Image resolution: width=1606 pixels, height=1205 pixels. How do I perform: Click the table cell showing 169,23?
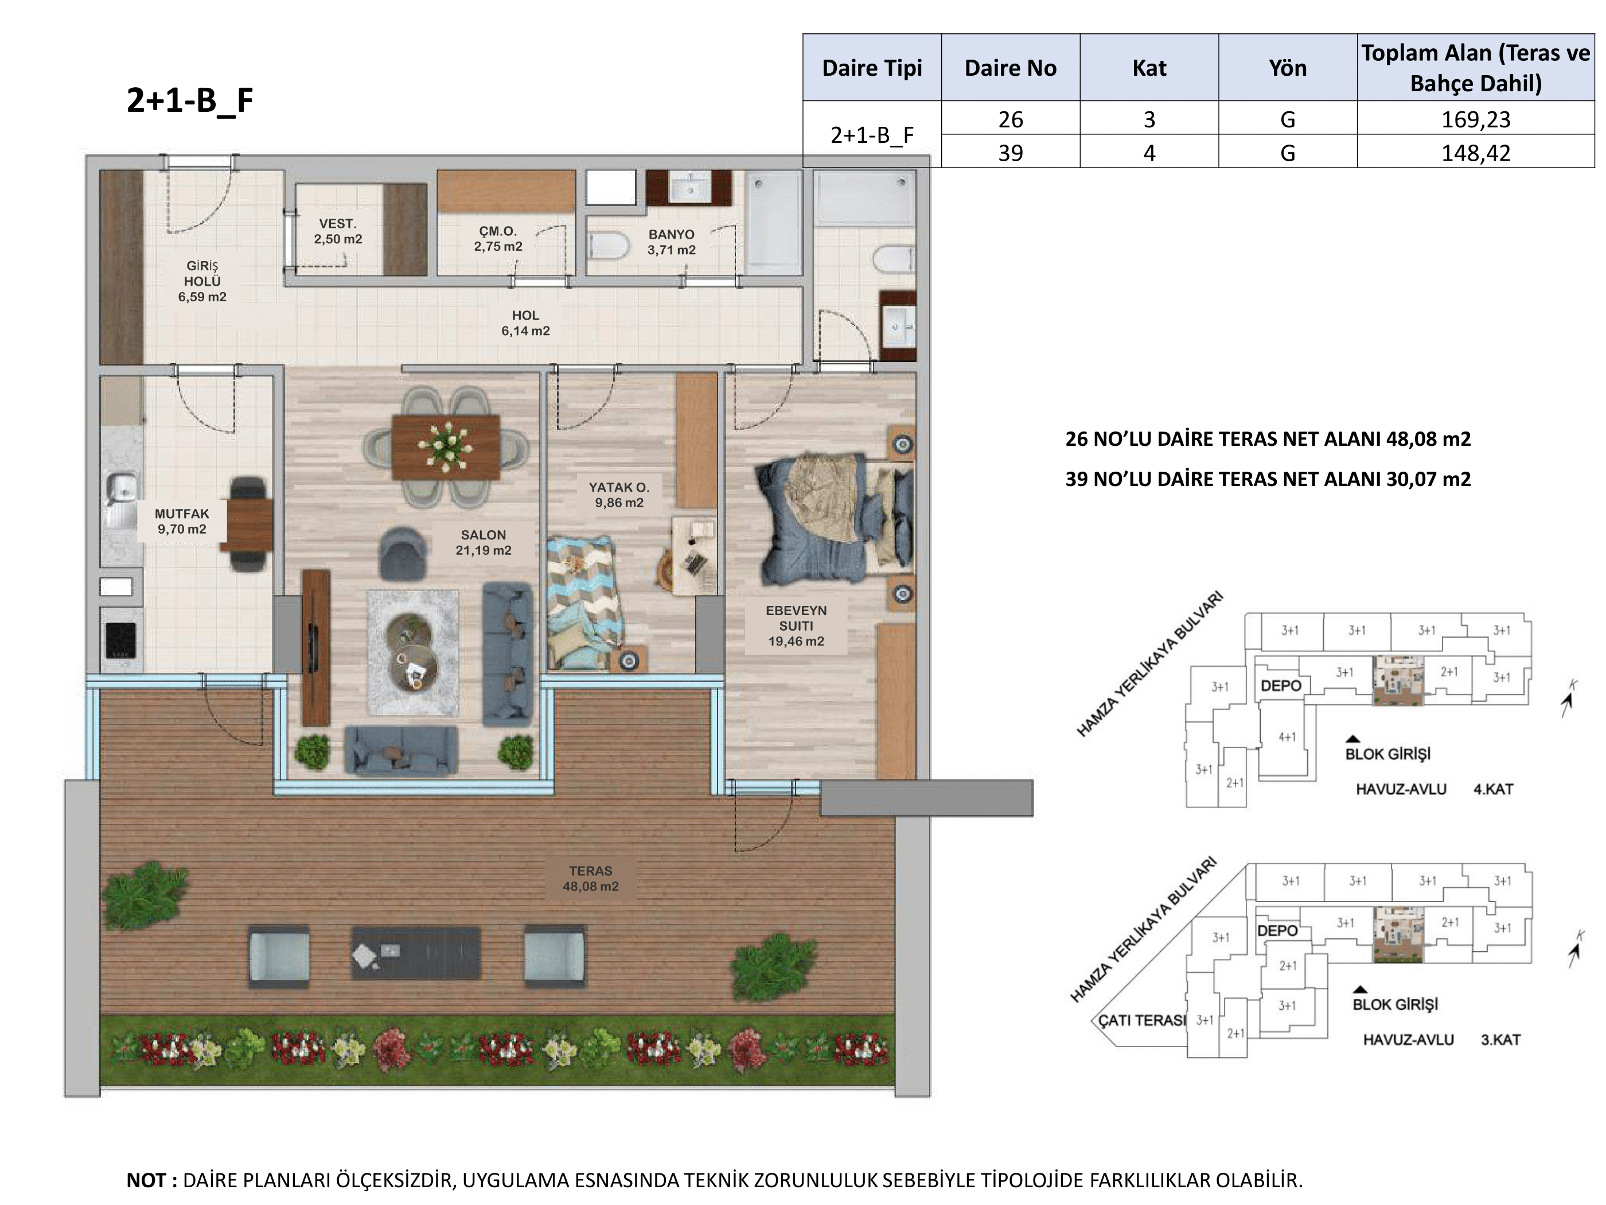(1475, 119)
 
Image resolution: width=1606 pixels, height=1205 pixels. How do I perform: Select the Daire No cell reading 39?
(1010, 153)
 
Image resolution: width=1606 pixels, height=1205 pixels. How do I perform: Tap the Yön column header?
(1287, 68)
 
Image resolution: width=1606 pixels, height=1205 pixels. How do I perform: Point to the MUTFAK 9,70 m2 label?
(181, 522)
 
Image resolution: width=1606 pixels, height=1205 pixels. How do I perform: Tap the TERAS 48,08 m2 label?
(590, 878)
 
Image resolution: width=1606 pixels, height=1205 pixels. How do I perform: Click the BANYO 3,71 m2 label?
(672, 242)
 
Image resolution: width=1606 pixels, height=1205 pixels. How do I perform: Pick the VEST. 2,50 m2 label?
(338, 232)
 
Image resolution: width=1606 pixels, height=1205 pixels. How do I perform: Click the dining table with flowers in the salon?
(446, 446)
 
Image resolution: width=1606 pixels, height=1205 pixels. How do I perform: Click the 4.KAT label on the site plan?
(1493, 789)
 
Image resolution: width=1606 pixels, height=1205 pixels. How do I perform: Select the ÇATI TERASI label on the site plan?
(1141, 1020)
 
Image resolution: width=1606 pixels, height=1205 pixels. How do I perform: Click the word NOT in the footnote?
(147, 1180)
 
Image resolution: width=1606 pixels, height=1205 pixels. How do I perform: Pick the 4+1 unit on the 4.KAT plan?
(1287, 737)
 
